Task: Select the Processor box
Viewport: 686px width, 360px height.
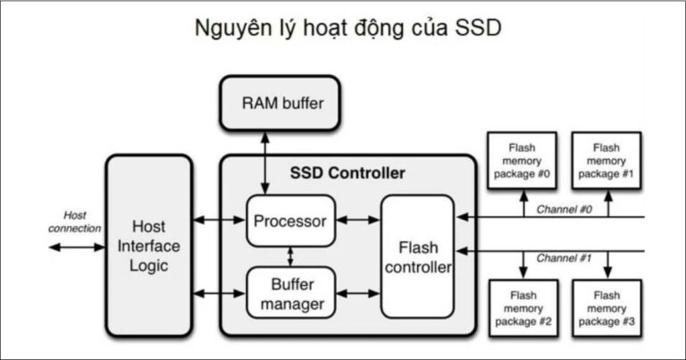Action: [290, 220]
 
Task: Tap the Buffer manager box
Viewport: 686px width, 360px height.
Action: [290, 293]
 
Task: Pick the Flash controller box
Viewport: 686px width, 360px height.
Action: [417, 256]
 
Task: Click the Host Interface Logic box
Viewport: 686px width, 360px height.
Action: [149, 245]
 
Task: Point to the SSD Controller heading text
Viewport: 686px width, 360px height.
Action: [347, 172]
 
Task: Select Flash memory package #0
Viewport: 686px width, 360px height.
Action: [522, 160]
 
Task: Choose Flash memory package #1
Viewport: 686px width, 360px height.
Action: [607, 160]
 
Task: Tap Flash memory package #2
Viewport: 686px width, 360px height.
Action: [522, 308]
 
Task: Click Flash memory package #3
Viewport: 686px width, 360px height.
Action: [607, 308]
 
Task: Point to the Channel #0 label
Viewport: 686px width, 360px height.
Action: [564, 208]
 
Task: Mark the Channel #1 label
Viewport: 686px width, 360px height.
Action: [564, 258]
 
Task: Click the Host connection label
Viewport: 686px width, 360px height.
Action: [75, 222]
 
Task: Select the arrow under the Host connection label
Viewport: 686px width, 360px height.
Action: [76, 246]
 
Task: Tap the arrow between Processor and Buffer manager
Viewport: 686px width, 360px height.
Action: [290, 256]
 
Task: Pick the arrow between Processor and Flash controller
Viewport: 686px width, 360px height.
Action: [358, 220]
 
